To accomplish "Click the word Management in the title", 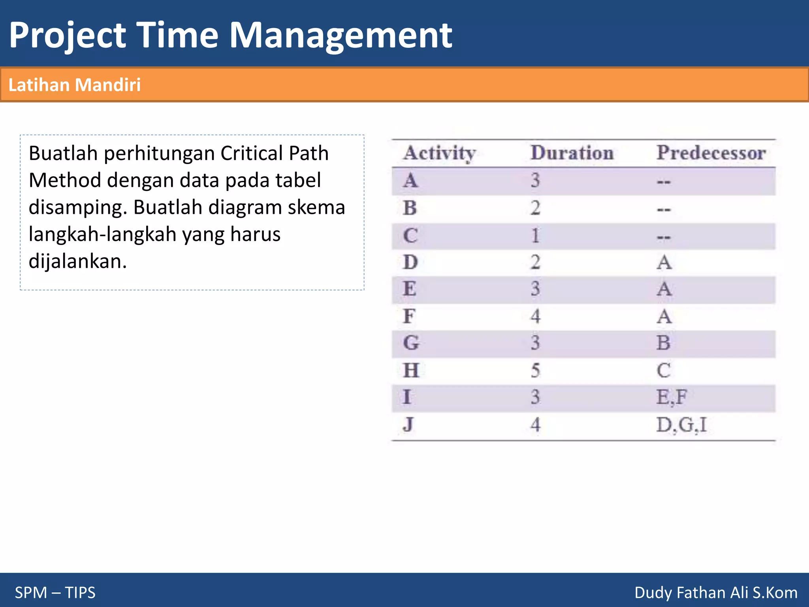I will point(341,36).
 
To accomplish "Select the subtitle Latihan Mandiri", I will point(75,85).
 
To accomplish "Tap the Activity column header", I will point(440,153).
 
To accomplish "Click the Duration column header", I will point(572,153).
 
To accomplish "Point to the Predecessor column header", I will point(711,153).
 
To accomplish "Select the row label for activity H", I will point(411,371).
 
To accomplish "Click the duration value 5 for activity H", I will point(535,371).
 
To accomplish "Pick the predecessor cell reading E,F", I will point(672,397).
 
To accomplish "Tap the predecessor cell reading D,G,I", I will point(681,425).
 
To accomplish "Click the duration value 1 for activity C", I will point(535,236).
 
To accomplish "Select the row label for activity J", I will point(408,425).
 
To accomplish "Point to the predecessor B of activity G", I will point(664,343).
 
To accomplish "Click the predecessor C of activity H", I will point(664,371).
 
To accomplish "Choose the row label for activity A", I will point(410,181).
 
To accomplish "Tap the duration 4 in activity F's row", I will point(535,316).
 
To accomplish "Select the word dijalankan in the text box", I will point(77,261).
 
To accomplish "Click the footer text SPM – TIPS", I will point(55,592).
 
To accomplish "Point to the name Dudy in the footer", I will point(653,592).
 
